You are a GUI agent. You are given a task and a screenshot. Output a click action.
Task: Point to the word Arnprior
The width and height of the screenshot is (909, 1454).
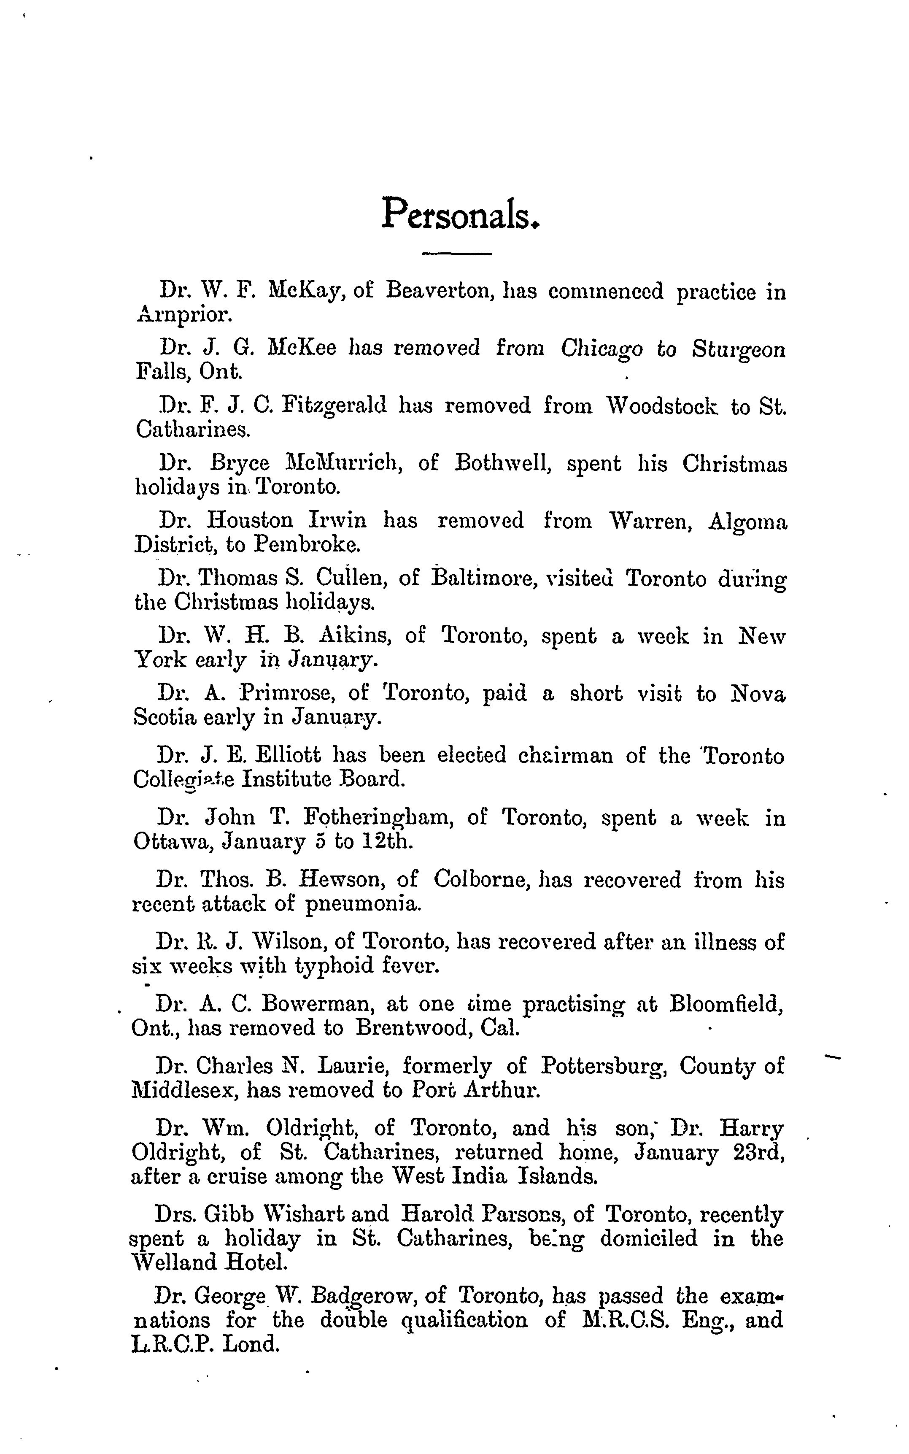click(x=182, y=314)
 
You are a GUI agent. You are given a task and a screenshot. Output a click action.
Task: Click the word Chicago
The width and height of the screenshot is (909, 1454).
click(x=601, y=349)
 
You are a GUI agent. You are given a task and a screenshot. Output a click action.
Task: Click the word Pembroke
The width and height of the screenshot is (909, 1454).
click(x=307, y=545)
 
